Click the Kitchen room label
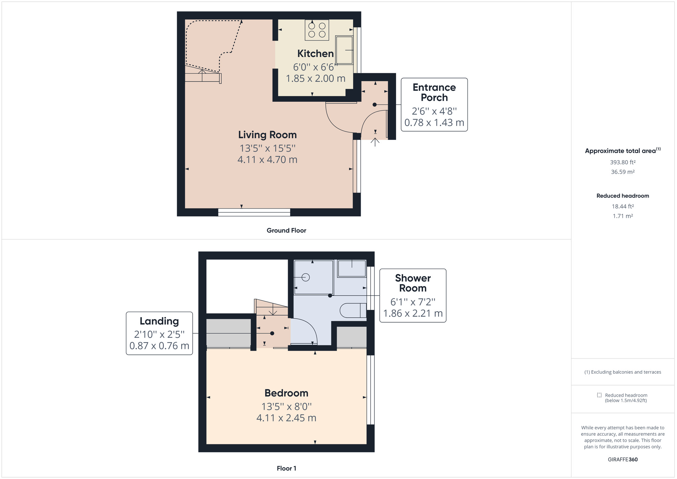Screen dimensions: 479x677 [x=315, y=54]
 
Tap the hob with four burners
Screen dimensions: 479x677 [x=317, y=30]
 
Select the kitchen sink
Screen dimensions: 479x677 [x=344, y=50]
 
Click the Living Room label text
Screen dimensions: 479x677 [x=267, y=135]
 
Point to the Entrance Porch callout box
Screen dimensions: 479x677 [x=434, y=105]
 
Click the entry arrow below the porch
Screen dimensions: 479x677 [x=375, y=141]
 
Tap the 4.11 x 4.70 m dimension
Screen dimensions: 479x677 [x=267, y=160]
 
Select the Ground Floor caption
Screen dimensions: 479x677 [x=286, y=230]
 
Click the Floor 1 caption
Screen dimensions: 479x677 [x=286, y=468]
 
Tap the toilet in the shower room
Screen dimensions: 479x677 [x=352, y=310]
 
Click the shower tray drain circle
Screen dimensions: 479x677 [x=306, y=277]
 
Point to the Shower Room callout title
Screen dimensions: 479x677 [x=413, y=283]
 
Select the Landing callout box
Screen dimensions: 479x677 [x=159, y=333]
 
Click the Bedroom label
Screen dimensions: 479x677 [x=286, y=393]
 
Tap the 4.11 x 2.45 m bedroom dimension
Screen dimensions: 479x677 [x=286, y=418]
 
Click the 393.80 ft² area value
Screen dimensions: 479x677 [x=623, y=162]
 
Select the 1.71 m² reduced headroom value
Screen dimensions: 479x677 [x=623, y=216]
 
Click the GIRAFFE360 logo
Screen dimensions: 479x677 [x=623, y=460]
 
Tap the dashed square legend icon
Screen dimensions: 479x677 [x=599, y=395]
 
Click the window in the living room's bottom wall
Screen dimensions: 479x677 [x=254, y=212]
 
